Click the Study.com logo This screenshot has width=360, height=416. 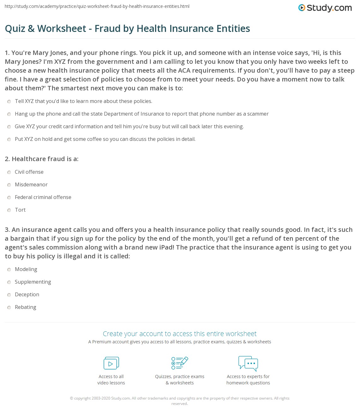[x=325, y=8]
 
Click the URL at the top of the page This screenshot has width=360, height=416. [x=97, y=6]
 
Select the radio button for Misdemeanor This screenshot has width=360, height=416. [x=9, y=185]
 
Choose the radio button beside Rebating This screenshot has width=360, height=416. [x=9, y=307]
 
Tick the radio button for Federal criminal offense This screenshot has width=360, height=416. [x=9, y=197]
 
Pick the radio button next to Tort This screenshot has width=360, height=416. [x=9, y=210]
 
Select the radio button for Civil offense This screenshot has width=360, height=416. [x=9, y=172]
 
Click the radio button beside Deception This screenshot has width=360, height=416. [x=9, y=295]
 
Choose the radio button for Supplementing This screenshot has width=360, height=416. [x=9, y=282]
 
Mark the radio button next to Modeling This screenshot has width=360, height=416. [x=9, y=269]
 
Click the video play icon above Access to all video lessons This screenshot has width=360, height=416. [x=111, y=363]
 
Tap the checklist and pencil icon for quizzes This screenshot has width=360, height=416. [x=180, y=363]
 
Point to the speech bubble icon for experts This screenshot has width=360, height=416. [x=248, y=363]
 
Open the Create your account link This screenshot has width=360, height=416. [x=179, y=334]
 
